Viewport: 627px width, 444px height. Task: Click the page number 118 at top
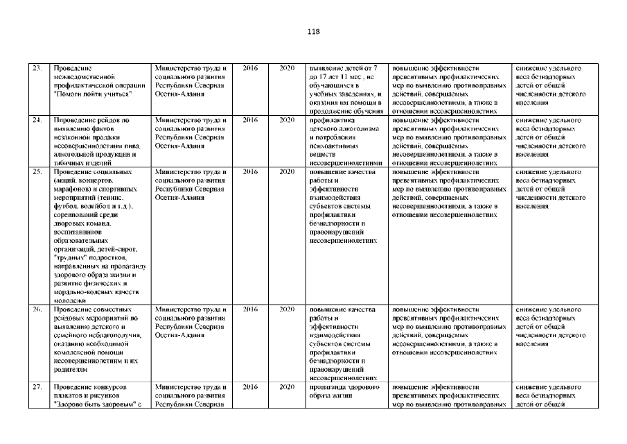[x=313, y=32]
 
